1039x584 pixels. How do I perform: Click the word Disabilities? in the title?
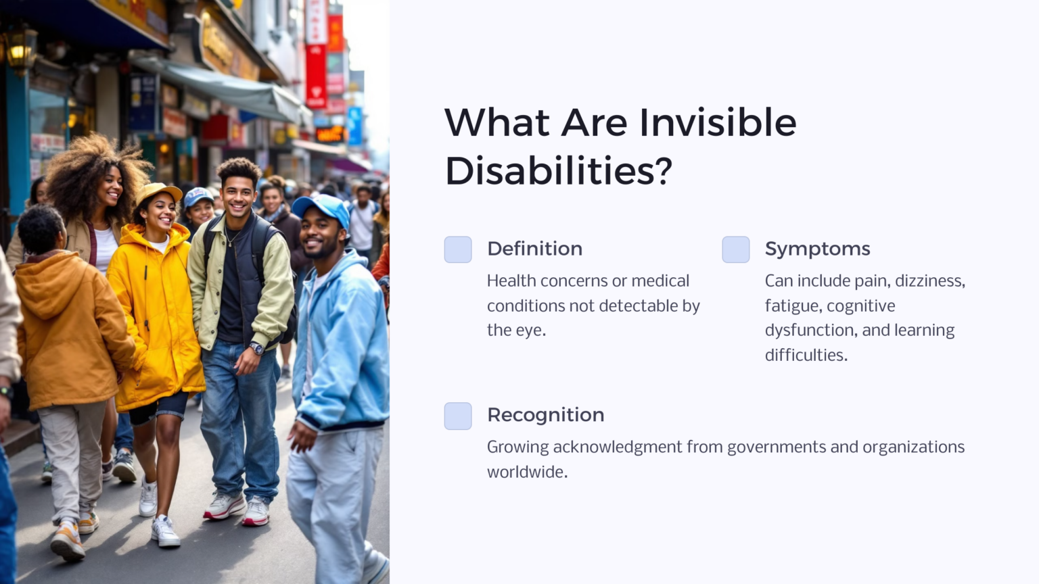coord(558,170)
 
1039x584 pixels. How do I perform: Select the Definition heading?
coord(534,249)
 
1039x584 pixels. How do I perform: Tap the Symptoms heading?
coord(817,249)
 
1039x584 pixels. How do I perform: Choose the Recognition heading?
coord(545,415)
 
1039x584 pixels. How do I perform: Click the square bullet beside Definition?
coord(458,249)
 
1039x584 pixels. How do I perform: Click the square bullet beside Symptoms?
coord(735,249)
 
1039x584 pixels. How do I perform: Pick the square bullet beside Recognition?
coord(458,416)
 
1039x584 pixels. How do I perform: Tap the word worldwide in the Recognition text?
coord(526,472)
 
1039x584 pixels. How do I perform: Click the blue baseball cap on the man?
coord(321,207)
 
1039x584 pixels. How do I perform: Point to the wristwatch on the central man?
coord(256,349)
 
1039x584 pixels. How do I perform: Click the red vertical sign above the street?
coord(316,74)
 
